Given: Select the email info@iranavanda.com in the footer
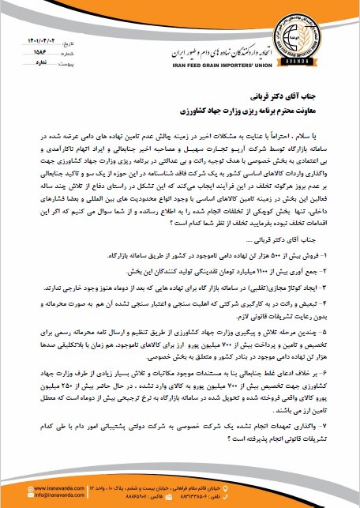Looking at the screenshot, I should (x=44, y=496).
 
